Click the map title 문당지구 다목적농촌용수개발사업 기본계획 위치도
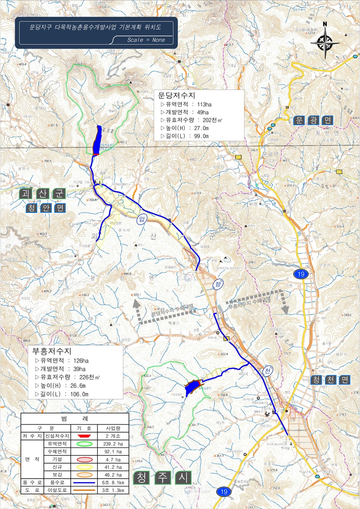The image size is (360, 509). point(95,27)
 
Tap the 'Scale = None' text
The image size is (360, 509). point(146,40)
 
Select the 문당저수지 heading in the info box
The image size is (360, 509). point(176,96)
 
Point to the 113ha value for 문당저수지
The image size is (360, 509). point(204,105)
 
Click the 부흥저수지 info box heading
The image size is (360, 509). point(52,351)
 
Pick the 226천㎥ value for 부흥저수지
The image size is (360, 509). point(90,377)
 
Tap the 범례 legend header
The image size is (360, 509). point(75,418)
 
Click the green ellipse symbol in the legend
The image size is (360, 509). point(84,444)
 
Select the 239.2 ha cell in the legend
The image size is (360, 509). point(113,444)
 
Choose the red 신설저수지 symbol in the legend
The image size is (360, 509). point(84,436)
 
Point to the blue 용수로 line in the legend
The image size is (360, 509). point(84,483)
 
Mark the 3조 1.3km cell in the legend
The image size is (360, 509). point(113,490)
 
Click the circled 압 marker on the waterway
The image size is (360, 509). point(141,219)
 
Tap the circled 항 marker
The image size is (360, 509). point(218,284)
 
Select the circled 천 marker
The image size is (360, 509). point(267,371)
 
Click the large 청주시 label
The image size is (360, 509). point(162,478)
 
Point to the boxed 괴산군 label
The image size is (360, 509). point(43,193)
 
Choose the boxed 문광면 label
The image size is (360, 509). point(313,120)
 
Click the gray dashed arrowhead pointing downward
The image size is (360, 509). point(285,310)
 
